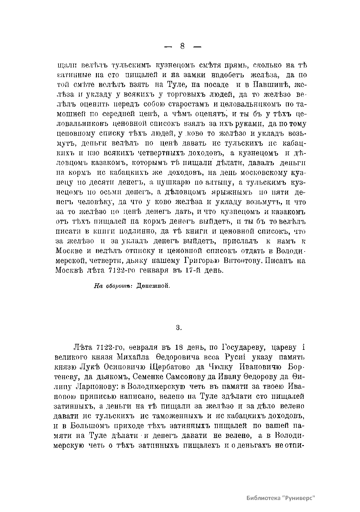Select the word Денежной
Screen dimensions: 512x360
coord(153,286)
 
